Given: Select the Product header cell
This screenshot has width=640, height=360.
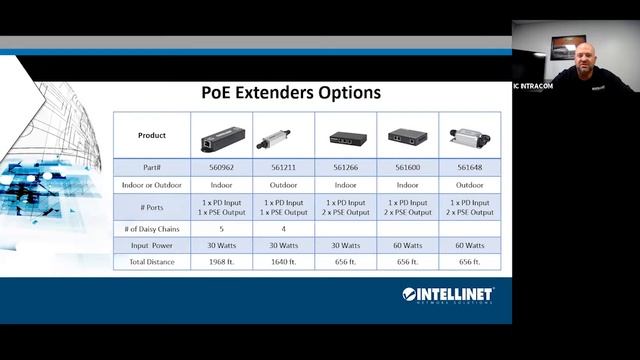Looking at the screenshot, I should click(x=151, y=135).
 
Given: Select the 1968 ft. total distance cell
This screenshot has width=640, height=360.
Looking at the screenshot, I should click(x=220, y=262).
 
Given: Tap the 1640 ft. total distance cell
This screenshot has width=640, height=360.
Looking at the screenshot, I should click(x=282, y=262).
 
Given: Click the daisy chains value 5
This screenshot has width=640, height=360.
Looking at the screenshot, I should click(x=220, y=229).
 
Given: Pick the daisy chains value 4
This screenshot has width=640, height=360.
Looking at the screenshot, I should click(x=282, y=229).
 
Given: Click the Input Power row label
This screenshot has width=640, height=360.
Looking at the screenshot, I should click(x=151, y=246).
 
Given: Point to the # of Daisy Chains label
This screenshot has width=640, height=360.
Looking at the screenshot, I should click(x=151, y=229).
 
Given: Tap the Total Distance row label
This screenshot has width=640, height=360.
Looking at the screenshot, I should click(x=151, y=262).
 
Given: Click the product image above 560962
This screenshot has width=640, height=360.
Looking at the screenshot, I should click(x=220, y=136).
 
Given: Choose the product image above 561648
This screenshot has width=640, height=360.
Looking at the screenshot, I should click(x=469, y=136).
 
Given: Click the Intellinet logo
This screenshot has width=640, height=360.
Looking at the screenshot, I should click(x=448, y=295).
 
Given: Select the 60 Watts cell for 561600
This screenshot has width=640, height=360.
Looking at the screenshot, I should click(x=407, y=246).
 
